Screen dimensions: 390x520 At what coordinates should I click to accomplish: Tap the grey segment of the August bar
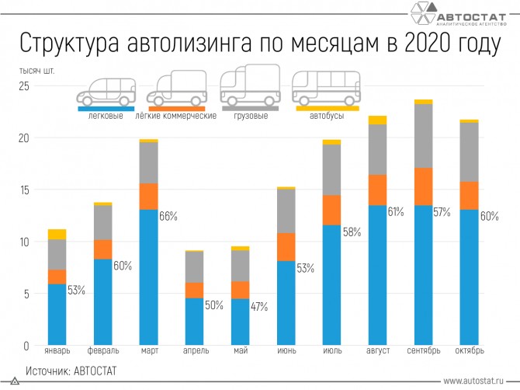(x=377, y=149)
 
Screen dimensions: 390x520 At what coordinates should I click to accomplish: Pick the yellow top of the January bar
(x=57, y=234)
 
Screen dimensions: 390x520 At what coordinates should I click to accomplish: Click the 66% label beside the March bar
(x=168, y=217)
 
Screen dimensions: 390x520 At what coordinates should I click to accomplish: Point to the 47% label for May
(x=258, y=306)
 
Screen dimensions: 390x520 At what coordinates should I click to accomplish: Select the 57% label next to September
(x=442, y=212)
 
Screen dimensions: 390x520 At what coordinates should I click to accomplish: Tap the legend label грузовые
(x=251, y=117)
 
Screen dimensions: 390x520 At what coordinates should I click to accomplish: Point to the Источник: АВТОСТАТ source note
(x=71, y=371)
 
